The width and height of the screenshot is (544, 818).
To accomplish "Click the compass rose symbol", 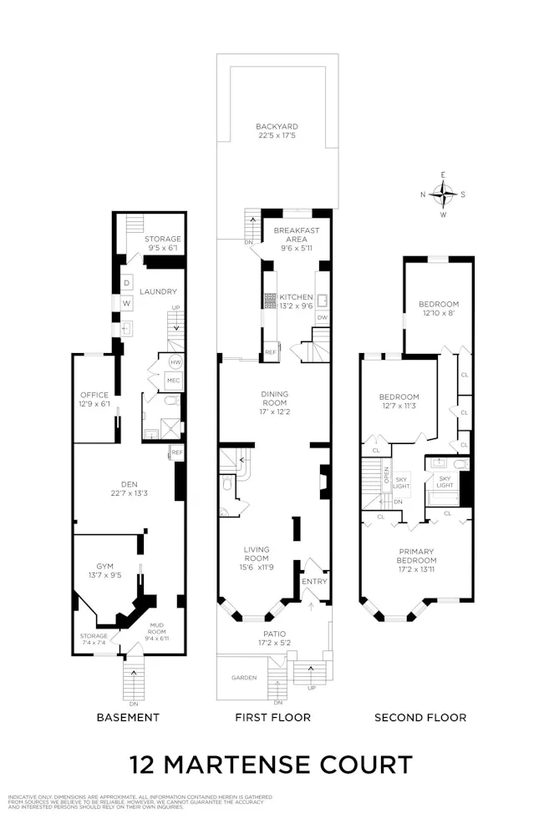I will click(443, 194).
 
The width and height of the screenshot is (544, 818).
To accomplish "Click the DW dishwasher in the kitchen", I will click(322, 318).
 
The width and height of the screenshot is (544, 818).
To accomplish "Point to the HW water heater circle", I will click(175, 363).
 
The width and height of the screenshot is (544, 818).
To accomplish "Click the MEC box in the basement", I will click(174, 380).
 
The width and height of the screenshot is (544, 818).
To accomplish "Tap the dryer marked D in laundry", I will click(126, 283).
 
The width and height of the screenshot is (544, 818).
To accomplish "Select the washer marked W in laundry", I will click(126, 303).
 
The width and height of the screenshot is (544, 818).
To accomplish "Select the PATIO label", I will click(274, 634).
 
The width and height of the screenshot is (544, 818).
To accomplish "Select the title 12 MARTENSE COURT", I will click(272, 765).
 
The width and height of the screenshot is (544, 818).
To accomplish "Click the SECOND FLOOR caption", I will click(420, 718).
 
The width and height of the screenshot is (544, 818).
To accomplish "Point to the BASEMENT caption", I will click(128, 718).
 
